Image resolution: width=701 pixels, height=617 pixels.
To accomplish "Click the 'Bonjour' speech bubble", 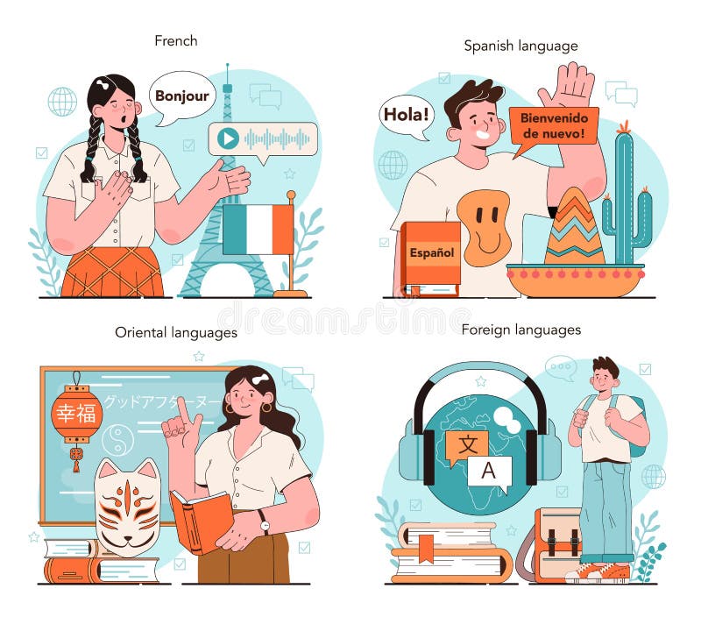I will click(182, 95).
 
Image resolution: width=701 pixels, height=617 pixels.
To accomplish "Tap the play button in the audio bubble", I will click(228, 138).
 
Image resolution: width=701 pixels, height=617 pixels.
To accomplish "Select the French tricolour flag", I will click(258, 230).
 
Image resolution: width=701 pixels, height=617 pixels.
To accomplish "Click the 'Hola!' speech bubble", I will click(407, 114).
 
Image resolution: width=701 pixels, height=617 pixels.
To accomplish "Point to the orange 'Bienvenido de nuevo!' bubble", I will click(554, 125).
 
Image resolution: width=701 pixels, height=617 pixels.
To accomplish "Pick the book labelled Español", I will click(431, 253).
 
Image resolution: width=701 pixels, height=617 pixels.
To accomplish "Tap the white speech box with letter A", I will click(489, 471).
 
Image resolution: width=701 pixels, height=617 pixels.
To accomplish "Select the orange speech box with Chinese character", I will click(467, 446).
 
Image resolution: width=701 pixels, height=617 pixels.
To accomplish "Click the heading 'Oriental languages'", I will click(176, 332).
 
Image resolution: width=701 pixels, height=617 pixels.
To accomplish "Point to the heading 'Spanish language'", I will click(520, 45).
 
